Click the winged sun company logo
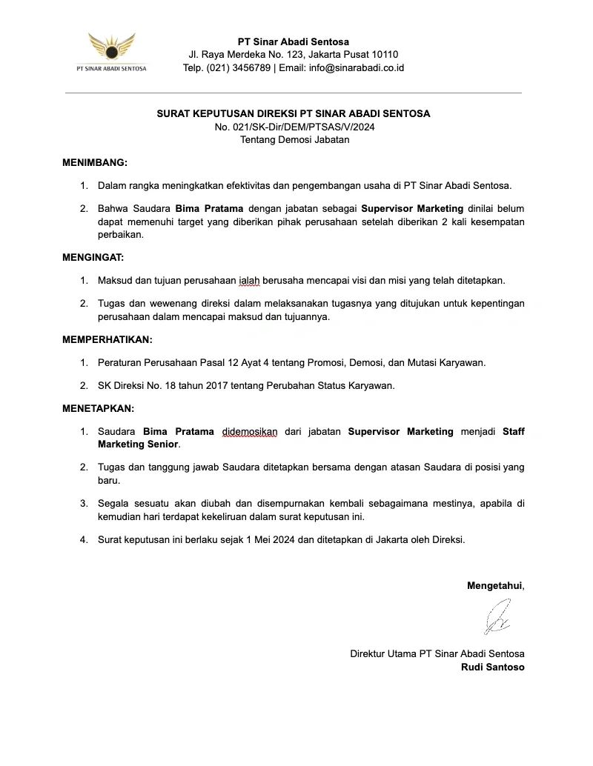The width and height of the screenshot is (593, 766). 112,49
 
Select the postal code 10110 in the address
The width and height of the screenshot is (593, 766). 385,55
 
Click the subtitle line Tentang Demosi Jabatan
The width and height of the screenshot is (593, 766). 294,139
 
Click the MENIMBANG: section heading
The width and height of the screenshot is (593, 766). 94,161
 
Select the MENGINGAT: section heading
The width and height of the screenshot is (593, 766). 93,257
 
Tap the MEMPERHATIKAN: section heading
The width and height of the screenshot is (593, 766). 107,339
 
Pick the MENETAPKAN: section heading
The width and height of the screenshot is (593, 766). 98,408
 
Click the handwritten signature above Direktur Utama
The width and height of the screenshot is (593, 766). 497,616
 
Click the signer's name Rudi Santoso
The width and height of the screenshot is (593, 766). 492,667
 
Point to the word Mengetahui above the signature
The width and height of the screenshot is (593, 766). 494,585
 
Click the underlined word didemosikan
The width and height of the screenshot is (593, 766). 249,431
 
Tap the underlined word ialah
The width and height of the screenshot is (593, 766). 249,281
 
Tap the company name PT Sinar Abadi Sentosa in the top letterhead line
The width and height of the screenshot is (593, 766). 294,41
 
